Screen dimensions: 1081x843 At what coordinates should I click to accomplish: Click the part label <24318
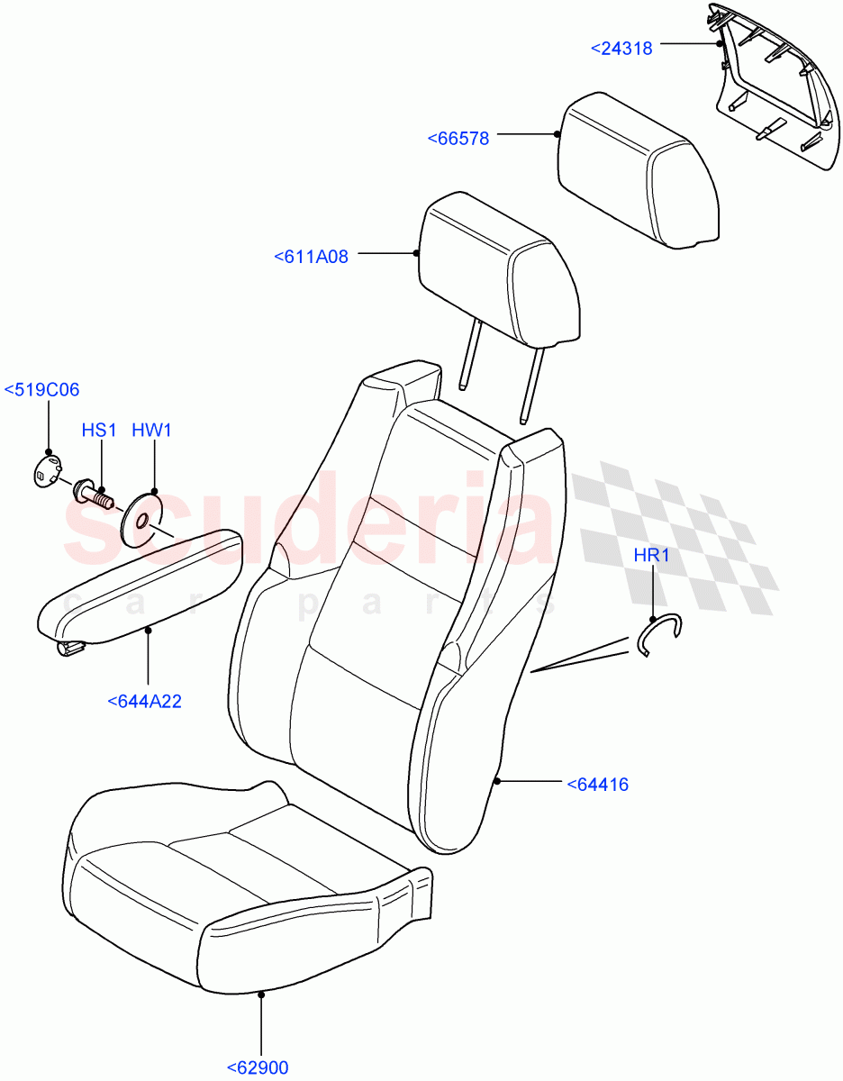point(621,48)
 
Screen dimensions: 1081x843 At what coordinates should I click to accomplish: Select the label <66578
point(458,138)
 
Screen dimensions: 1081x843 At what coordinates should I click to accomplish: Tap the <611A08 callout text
point(311,257)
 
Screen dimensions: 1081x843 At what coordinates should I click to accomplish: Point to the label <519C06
point(41,390)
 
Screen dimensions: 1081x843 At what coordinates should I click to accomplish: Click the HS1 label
point(100,431)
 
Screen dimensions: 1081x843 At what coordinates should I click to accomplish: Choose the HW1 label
point(151,431)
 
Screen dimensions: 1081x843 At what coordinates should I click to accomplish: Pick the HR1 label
point(651,555)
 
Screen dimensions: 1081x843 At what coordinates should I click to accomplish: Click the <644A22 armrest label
point(144,701)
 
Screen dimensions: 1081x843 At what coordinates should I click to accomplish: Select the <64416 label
point(598,785)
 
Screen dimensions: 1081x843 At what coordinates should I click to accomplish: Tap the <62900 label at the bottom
point(257,1068)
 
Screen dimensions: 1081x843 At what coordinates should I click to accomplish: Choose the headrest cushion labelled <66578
point(639,171)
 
